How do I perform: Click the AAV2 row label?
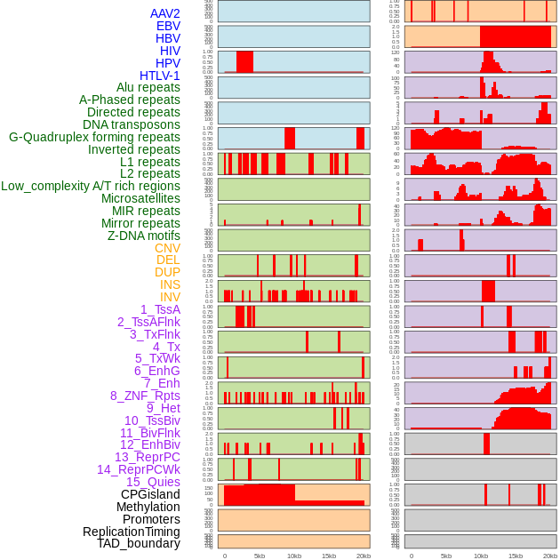pyautogui.click(x=165, y=13)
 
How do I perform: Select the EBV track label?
pyautogui.click(x=168, y=26)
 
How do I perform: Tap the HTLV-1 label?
pyautogui.click(x=160, y=76)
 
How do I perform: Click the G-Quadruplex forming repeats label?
pyautogui.click(x=94, y=137)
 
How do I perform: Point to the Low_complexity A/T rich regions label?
pyautogui.click(x=91, y=186)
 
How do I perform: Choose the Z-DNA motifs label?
pyautogui.click(x=144, y=236)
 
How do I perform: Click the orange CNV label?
pyautogui.click(x=167, y=248)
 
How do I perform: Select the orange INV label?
pyautogui.click(x=170, y=297)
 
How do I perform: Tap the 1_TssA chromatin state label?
pyautogui.click(x=160, y=309)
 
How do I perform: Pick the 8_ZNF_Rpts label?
pyautogui.click(x=145, y=396)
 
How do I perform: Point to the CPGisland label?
pyautogui.click(x=150, y=494)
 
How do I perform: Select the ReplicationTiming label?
pyautogui.click(x=132, y=532)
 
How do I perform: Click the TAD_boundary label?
pyautogui.click(x=139, y=543)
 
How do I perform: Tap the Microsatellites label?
pyautogui.click(x=140, y=198)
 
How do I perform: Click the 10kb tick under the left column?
pyautogui.click(x=293, y=556)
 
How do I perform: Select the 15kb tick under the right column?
pyautogui.click(x=516, y=556)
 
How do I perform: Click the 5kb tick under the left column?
pyautogui.click(x=260, y=556)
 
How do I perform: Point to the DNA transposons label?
pyautogui.click(x=132, y=124)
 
